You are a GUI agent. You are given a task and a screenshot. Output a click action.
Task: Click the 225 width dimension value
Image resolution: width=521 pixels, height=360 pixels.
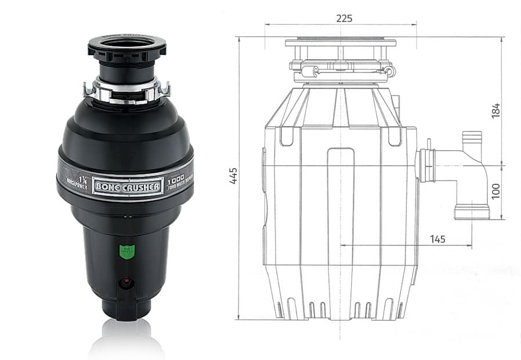[344, 18]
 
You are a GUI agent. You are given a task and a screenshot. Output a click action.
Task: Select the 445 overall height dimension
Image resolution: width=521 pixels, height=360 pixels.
[233, 175]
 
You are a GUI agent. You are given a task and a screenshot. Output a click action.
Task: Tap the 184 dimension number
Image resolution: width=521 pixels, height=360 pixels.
[495, 111]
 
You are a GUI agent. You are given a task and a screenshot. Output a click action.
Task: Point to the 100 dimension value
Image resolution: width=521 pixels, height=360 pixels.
[495, 191]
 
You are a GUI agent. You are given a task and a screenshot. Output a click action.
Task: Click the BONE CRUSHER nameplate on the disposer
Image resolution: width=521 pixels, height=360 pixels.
[127, 187]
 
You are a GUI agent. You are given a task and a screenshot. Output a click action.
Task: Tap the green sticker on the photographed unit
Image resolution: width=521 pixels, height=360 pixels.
[126, 252]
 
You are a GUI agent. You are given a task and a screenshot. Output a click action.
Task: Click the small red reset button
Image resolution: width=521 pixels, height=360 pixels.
[125, 283]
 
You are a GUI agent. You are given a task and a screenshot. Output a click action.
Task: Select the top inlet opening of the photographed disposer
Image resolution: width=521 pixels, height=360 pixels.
[126, 44]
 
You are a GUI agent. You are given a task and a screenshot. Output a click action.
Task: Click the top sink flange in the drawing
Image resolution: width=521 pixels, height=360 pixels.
[341, 42]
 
